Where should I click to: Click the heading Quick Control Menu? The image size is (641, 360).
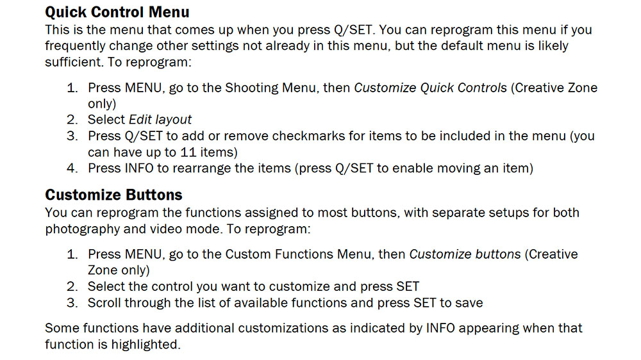tap(117, 12)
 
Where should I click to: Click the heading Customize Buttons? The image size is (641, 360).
tap(113, 195)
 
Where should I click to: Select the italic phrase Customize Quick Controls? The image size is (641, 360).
tap(430, 87)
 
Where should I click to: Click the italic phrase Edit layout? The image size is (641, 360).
tap(160, 119)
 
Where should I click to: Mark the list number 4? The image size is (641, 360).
tap(72, 169)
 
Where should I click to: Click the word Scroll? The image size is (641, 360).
tap(104, 303)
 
